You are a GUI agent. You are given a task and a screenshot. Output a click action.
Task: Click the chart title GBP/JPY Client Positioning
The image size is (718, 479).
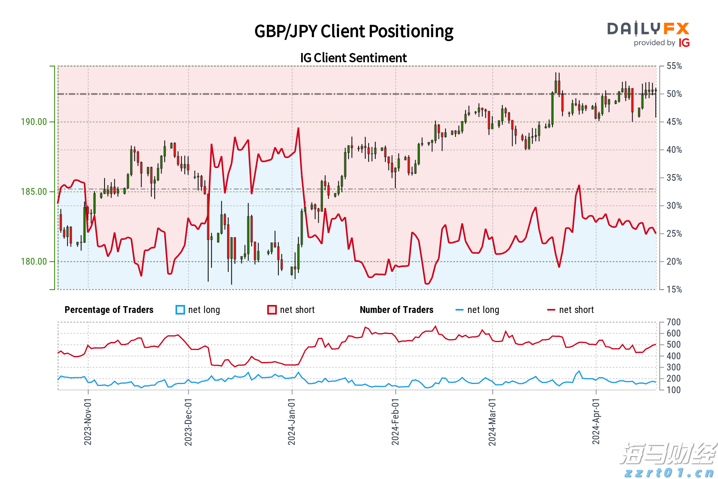tap(354, 32)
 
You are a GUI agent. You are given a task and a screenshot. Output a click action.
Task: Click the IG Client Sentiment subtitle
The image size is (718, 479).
tap(353, 58)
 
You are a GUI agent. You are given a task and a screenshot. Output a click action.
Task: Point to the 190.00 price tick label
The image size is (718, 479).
tap(34, 122)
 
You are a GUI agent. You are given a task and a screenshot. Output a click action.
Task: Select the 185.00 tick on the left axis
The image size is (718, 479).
tap(34, 192)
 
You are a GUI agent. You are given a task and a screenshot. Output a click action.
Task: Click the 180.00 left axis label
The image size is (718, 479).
tap(34, 261)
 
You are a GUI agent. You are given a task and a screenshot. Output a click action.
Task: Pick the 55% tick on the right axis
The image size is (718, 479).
tap(675, 66)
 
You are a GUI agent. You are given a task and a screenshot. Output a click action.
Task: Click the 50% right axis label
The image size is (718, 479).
tap(675, 94)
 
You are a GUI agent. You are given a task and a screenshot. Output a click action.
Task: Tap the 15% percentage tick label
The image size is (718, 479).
tap(675, 289)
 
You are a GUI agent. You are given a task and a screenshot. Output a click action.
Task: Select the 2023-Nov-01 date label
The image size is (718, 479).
tap(88, 422)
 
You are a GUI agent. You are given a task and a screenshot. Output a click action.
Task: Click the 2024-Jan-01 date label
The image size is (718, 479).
tap(292, 422)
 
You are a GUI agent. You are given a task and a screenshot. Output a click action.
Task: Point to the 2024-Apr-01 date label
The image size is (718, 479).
tap(596, 422)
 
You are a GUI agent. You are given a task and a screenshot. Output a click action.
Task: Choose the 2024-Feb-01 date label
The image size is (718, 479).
tap(395, 422)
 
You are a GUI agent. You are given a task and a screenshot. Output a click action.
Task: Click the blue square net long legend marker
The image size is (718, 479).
tap(180, 310)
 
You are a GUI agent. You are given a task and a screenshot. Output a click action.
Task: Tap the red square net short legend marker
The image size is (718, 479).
tap(272, 310)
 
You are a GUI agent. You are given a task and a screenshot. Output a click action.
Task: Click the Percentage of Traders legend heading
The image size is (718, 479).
tap(109, 310)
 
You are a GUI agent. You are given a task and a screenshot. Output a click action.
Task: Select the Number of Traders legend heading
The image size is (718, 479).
tap(396, 310)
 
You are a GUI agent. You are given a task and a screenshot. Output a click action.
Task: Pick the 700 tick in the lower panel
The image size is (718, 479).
tap(674, 322)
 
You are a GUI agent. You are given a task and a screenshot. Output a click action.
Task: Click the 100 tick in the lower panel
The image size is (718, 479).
tap(674, 390)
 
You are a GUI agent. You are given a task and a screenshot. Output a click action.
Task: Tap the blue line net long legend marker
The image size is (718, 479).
tap(460, 310)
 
